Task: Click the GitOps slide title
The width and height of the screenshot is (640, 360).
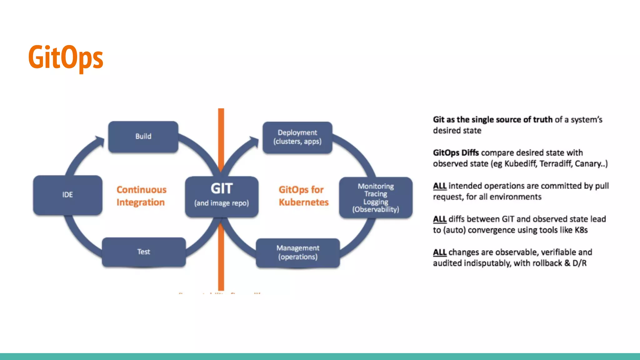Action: click(x=66, y=57)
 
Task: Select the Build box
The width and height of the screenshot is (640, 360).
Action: click(x=143, y=137)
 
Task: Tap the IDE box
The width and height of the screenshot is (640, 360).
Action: click(x=67, y=195)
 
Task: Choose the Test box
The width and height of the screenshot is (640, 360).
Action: click(x=144, y=252)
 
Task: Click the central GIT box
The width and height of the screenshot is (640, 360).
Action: click(x=222, y=196)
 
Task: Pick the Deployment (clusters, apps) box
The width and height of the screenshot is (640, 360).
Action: click(x=297, y=137)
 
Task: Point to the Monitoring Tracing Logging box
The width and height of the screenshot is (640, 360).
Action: click(x=376, y=197)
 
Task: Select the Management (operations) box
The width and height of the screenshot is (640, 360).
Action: click(x=298, y=252)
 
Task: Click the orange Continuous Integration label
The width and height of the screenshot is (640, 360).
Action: click(x=141, y=196)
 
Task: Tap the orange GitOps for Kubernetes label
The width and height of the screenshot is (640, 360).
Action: click(x=303, y=196)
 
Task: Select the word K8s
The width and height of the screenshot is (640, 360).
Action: click(x=581, y=230)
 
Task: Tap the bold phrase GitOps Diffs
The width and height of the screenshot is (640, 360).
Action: click(x=456, y=153)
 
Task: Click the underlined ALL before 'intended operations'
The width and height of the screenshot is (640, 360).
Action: click(x=439, y=186)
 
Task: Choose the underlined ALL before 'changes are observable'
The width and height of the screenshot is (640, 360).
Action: click(x=439, y=252)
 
